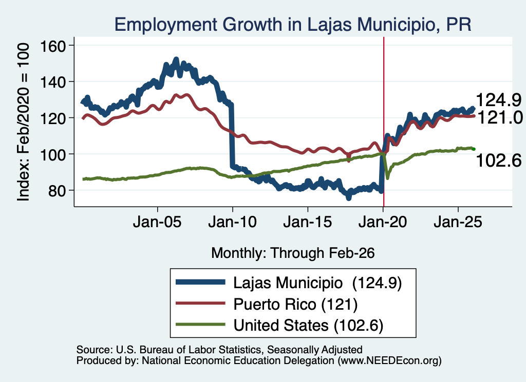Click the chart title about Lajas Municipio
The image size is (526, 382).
[293, 25]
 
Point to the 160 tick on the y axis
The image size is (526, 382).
[53, 46]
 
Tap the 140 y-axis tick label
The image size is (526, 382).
[53, 82]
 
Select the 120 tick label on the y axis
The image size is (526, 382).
[53, 118]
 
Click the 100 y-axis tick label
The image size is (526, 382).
[53, 154]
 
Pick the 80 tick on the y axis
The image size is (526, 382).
[57, 191]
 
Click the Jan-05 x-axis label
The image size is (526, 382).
[157, 222]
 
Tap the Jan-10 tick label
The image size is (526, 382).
[233, 222]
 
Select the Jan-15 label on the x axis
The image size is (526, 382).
[308, 222]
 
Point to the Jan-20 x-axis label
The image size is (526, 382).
[383, 222]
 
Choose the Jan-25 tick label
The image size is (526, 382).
[458, 222]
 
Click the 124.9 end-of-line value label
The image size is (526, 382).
[498, 100]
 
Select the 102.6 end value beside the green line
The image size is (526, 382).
[499, 160]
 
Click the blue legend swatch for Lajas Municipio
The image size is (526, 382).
[201, 282]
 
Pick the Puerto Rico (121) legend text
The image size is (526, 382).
[295, 305]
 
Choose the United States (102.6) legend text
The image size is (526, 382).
[308, 326]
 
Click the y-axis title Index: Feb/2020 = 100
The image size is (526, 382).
[23, 122]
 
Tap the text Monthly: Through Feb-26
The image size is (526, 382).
[293, 253]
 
